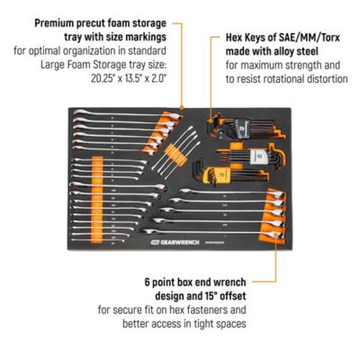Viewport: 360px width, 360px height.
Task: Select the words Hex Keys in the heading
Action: pyautogui.click(x=231, y=39)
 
